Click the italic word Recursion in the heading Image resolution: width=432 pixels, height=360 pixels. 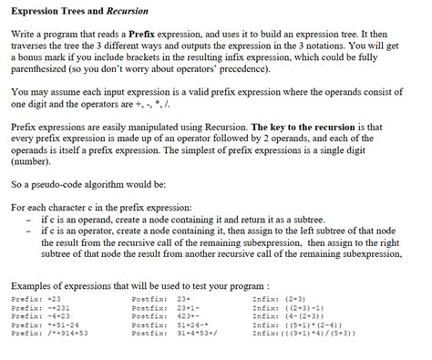tap(135, 10)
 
